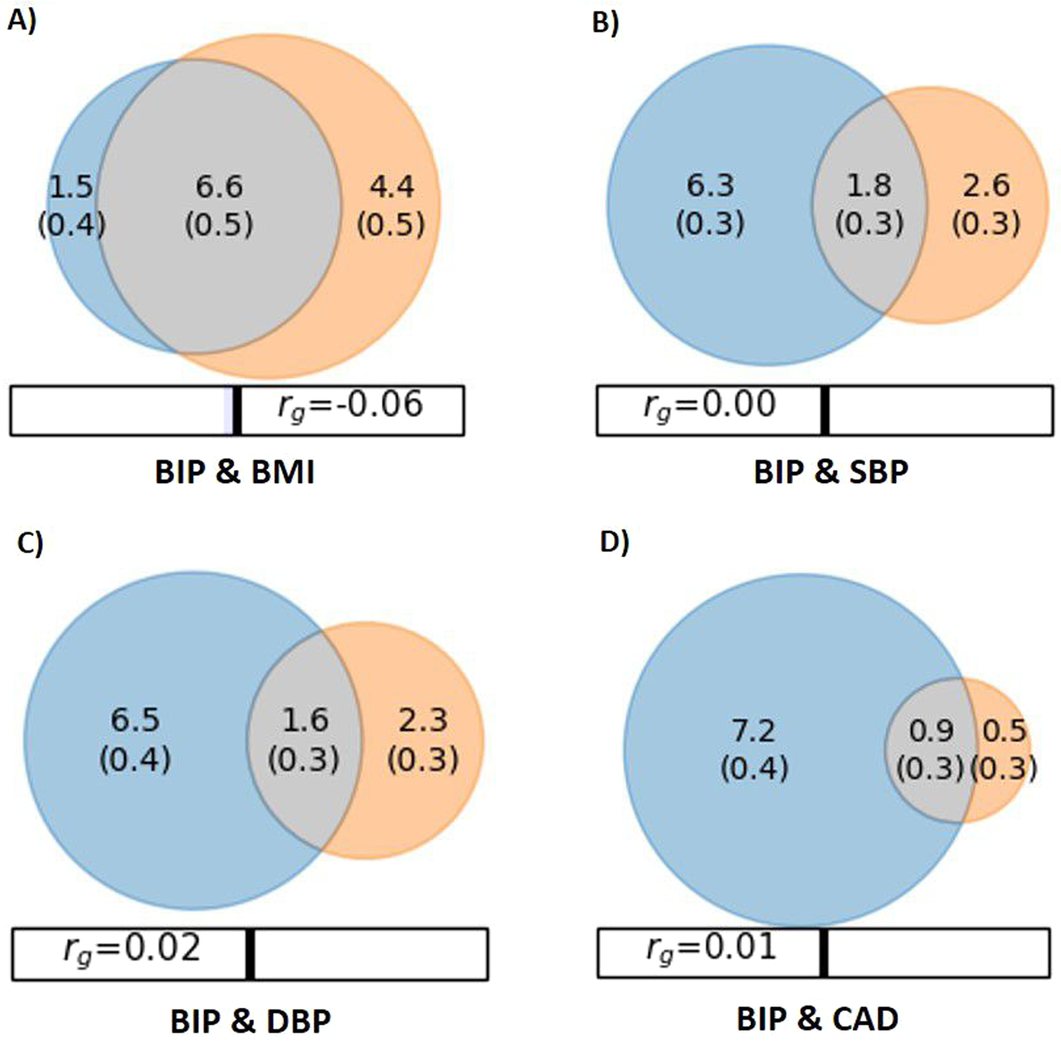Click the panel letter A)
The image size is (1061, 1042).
tap(21, 22)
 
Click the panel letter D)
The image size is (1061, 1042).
tap(614, 543)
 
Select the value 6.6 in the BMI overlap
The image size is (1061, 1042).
tap(219, 187)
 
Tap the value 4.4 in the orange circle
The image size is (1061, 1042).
tap(392, 187)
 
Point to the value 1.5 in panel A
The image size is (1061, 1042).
tap(71, 187)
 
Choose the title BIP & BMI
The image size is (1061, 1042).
tap(234, 473)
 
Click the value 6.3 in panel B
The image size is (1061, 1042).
tap(710, 186)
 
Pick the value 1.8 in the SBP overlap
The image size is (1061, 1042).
tap(869, 186)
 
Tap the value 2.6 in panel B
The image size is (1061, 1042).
tap(986, 186)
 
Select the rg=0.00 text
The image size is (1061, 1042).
tap(709, 406)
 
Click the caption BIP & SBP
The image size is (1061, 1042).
tap(831, 473)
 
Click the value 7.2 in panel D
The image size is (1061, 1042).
tap(754, 731)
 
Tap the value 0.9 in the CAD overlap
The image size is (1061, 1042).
tap(931, 731)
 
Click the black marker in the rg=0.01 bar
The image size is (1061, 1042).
tap(824, 953)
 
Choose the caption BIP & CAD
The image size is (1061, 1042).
tap(817, 1018)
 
